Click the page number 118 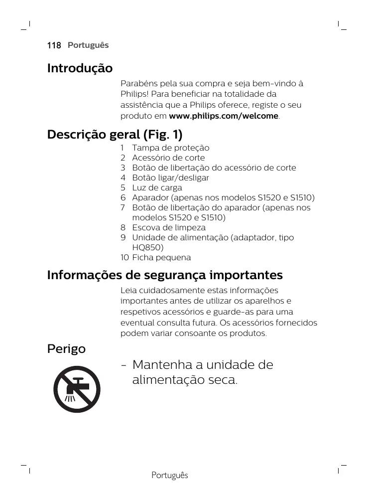coord(54,45)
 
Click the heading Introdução coord(80,68)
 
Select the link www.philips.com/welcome coord(224,116)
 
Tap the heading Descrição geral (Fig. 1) coord(115,135)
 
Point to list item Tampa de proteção coord(170,148)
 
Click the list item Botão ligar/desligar coord(170,178)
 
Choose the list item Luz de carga coord(157,188)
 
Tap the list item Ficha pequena coord(161,258)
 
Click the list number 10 coord(124,258)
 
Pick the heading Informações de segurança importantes coord(165,275)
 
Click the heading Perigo coord(66,349)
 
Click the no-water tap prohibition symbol coord(77,389)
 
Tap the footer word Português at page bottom coord(170,476)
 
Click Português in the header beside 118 coord(88,45)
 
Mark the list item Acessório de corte coord(168,158)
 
